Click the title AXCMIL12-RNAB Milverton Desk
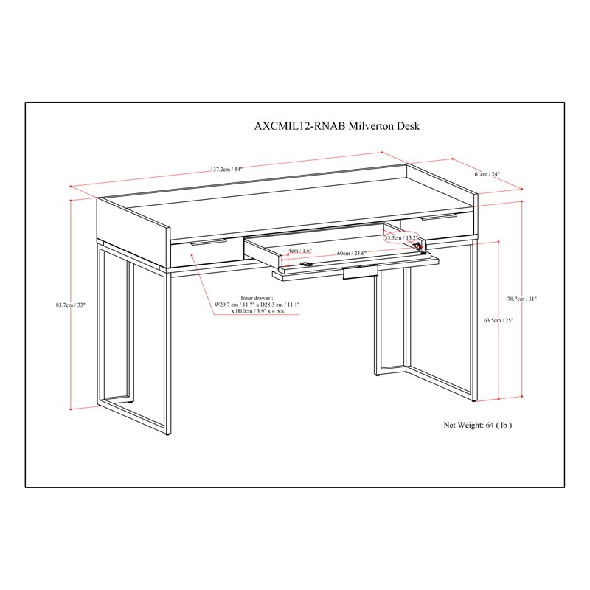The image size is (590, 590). click(x=337, y=125)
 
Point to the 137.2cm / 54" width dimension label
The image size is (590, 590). click(x=226, y=170)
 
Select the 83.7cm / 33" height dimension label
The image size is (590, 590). click(x=71, y=305)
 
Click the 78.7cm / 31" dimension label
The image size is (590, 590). click(x=521, y=299)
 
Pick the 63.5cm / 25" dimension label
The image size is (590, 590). click(x=499, y=320)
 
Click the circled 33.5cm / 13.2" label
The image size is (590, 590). click(x=401, y=237)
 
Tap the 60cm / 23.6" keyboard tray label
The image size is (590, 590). click(x=351, y=253)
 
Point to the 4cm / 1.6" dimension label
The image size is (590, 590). click(x=300, y=250)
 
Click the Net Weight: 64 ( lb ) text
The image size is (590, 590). click(x=477, y=425)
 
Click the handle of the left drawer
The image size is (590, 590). click(x=208, y=242)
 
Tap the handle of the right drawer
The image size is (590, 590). click(x=439, y=217)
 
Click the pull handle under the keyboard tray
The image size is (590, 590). click(x=360, y=272)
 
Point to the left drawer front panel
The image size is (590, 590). click(x=207, y=253)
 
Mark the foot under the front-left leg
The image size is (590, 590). click(x=167, y=434)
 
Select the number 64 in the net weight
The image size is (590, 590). click(x=490, y=425)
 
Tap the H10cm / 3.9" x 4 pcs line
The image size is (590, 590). click(x=257, y=311)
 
